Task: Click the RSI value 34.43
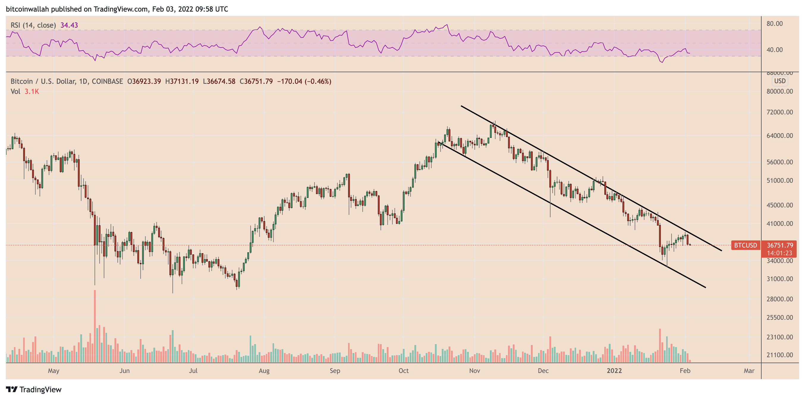[x=69, y=25]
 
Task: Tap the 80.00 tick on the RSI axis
[x=774, y=24]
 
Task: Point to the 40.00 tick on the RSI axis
[x=774, y=50]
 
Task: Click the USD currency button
[x=780, y=81]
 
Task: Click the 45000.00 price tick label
[x=779, y=205]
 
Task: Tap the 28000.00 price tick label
[x=779, y=299]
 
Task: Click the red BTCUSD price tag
[x=745, y=245]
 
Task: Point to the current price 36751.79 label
[x=780, y=245]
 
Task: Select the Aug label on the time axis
[x=264, y=371]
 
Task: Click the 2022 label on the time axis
[x=614, y=371]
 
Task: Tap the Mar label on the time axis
[x=749, y=371]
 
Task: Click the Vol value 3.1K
[x=32, y=92]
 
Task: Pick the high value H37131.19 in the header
[x=182, y=81]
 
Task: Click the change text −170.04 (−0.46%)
[x=304, y=81]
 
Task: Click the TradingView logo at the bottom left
[x=34, y=389]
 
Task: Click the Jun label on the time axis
[x=124, y=371]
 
